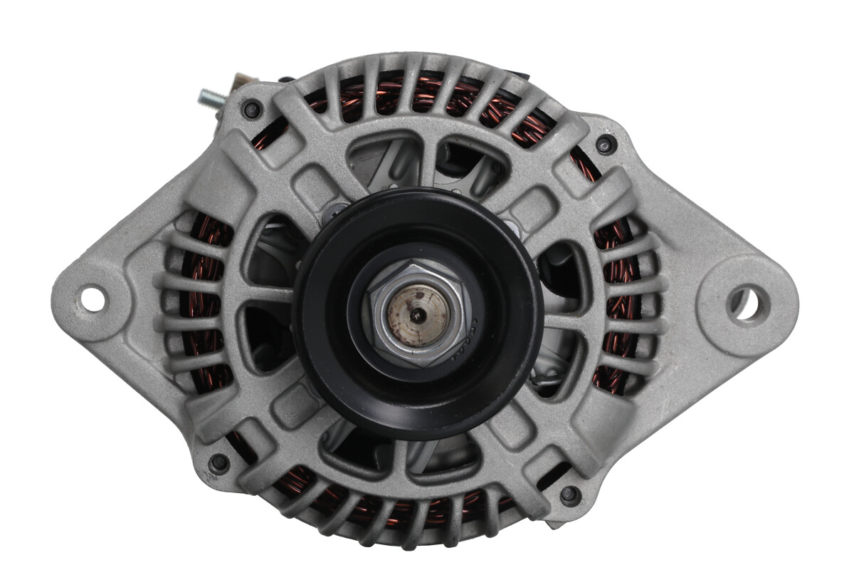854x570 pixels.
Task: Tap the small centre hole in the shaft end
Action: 420,314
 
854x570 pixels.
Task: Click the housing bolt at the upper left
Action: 251,110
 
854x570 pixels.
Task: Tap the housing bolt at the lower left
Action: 218,463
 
